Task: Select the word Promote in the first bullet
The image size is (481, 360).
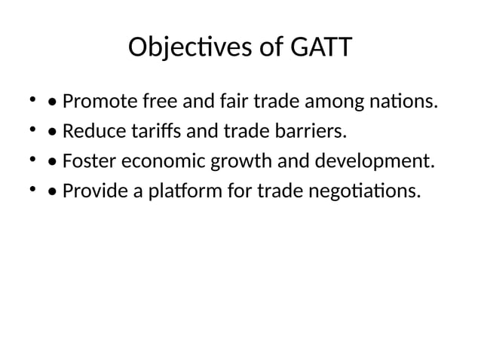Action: pyautogui.click(x=96, y=101)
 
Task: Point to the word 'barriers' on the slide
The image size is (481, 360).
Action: pyautogui.click(x=311, y=132)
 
